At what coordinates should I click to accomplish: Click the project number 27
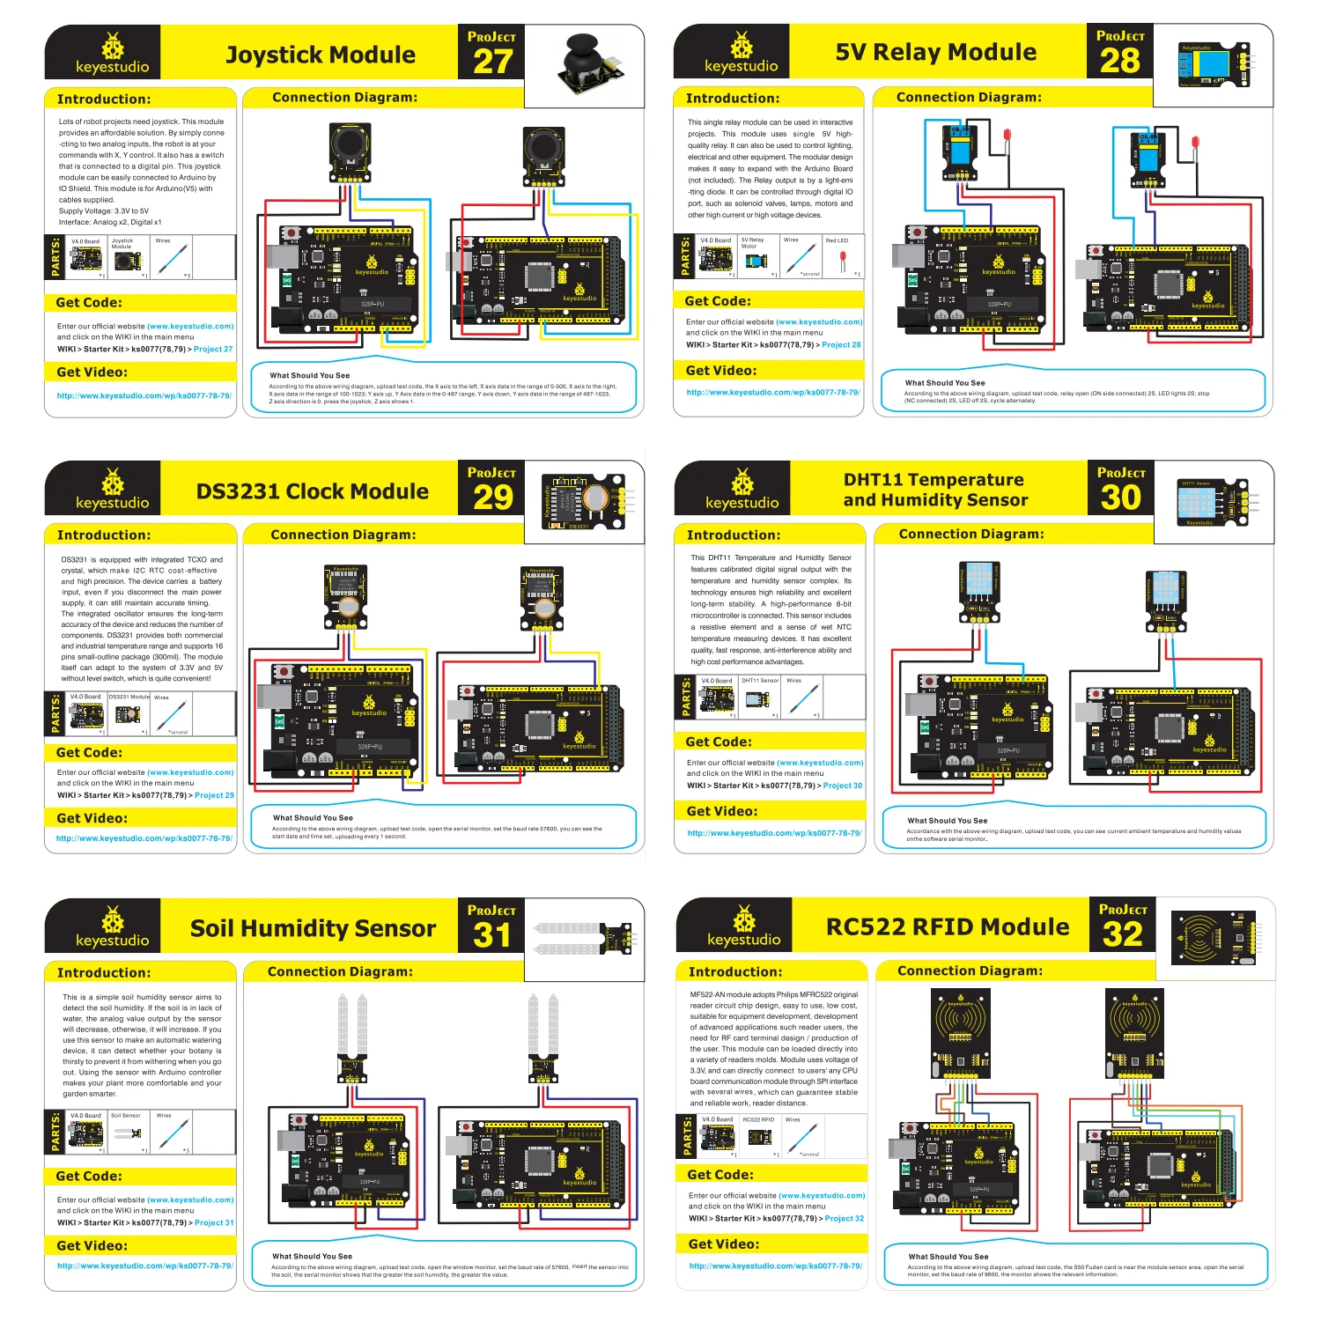point(492,61)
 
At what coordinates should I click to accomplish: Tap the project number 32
point(1123,934)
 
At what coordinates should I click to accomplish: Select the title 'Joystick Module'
point(321,55)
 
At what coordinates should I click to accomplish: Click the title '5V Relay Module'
point(935,52)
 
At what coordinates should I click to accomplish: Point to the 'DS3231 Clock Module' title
point(313,491)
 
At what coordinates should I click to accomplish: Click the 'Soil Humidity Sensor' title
point(313,928)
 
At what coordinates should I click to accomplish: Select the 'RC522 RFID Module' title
point(948,926)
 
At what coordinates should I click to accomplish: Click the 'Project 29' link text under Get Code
point(214,795)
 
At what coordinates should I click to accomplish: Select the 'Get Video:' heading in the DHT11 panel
point(722,811)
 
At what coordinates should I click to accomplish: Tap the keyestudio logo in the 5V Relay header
point(741,53)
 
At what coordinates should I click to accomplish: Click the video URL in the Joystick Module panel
point(144,396)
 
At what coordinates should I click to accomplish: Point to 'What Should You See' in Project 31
point(312,1256)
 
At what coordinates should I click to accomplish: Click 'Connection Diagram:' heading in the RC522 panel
point(970,970)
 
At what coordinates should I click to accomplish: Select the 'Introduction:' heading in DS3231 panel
point(104,535)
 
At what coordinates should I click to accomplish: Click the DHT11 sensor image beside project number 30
point(1212,502)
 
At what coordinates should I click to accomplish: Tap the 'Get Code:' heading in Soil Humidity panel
point(89,1176)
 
